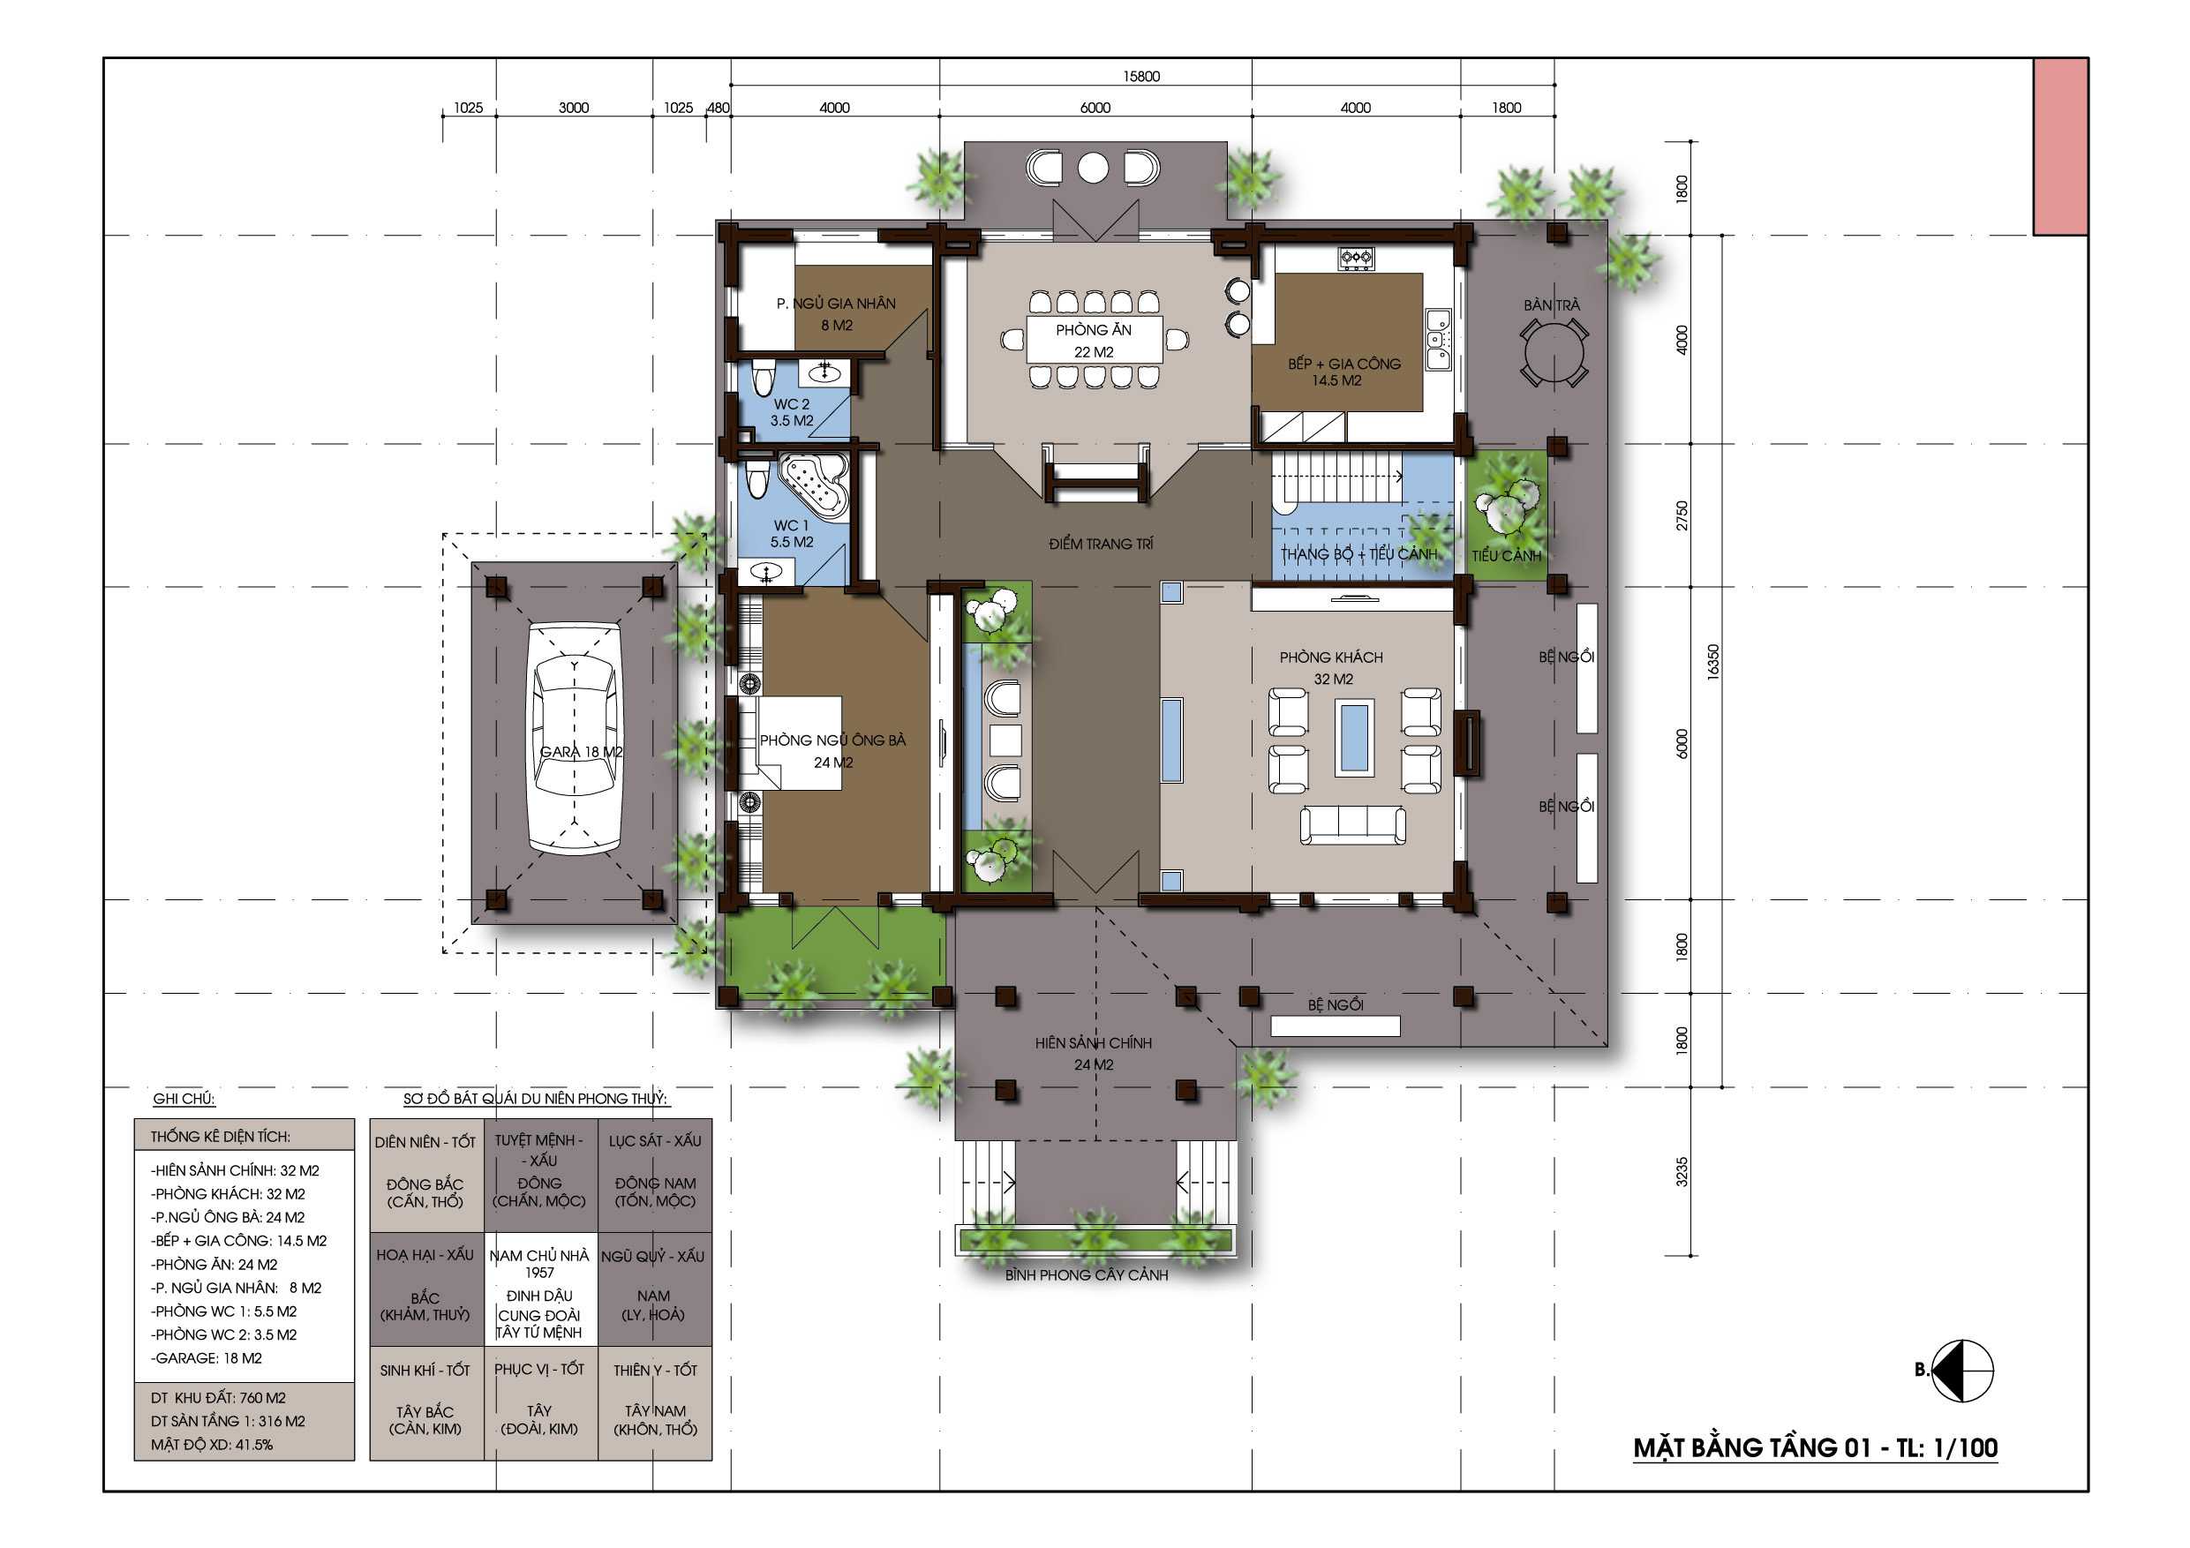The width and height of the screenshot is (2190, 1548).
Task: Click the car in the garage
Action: tap(575, 738)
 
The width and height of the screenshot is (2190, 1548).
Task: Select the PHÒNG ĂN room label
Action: tap(1093, 330)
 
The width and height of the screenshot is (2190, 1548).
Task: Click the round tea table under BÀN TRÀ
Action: tap(1554, 352)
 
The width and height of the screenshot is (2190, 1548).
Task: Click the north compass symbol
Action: tap(1961, 1371)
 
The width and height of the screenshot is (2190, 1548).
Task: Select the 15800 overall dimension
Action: tap(1140, 76)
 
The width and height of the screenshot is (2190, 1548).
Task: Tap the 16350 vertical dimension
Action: tap(1713, 661)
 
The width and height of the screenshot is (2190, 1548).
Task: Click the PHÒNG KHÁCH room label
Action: tap(1330, 658)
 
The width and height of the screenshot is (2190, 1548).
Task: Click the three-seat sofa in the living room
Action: tap(1352, 825)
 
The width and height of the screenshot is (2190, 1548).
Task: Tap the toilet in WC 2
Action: tap(762, 379)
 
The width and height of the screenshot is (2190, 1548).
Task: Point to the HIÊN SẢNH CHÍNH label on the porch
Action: tap(1093, 1042)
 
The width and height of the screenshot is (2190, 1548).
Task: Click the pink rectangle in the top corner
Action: tap(2060, 146)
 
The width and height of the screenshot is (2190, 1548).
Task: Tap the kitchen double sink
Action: tap(1437, 339)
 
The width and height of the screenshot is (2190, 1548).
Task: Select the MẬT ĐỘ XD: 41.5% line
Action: tap(211, 1444)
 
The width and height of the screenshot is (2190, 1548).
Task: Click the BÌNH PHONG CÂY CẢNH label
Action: tap(1087, 1274)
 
